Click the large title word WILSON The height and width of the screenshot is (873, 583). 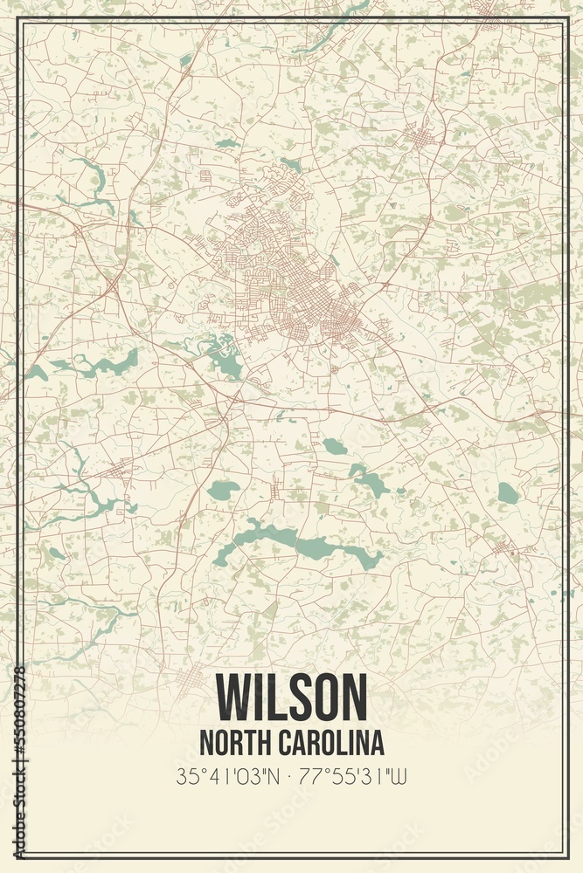coord(291,696)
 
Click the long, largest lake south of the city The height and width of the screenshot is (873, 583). coord(297,546)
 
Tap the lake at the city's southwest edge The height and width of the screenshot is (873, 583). coord(224,354)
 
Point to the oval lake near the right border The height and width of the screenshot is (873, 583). coord(508,493)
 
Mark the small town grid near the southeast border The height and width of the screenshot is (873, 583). coord(503,548)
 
